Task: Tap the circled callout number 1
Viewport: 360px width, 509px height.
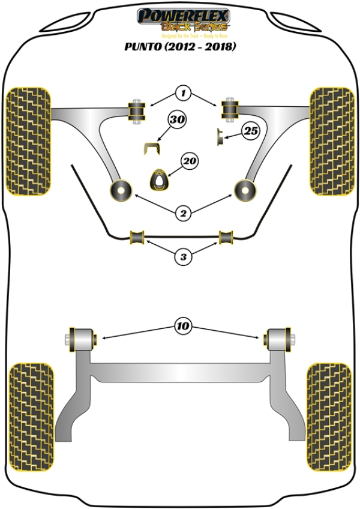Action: [184, 93]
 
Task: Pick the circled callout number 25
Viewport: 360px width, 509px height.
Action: [251, 131]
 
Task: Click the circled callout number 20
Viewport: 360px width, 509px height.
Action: [189, 161]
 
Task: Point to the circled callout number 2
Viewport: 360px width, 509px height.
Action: [184, 212]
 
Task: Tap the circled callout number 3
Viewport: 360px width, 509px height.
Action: [184, 258]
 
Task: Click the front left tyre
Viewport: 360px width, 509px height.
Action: [28, 141]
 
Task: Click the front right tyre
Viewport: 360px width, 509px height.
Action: [331, 141]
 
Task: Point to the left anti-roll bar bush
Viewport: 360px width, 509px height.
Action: [139, 237]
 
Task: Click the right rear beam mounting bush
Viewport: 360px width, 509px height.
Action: [279, 339]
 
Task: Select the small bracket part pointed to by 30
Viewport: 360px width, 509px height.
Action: [153, 148]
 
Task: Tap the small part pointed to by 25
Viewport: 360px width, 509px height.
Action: [221, 136]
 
